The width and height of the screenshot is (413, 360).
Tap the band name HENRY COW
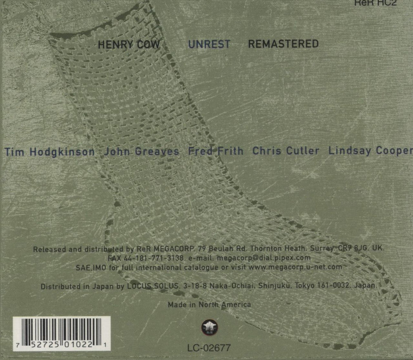point(129,44)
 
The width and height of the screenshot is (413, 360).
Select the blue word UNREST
point(209,44)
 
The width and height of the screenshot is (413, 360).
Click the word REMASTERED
point(283,44)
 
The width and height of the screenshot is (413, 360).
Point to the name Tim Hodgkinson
point(50,151)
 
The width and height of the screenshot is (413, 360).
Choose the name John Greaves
point(142,151)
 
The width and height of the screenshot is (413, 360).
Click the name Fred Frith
point(216,151)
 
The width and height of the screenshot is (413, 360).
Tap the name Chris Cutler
point(286,151)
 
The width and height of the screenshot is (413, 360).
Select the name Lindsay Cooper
point(370,151)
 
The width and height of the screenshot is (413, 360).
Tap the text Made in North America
point(209,305)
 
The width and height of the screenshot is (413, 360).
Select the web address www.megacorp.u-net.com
point(295,267)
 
